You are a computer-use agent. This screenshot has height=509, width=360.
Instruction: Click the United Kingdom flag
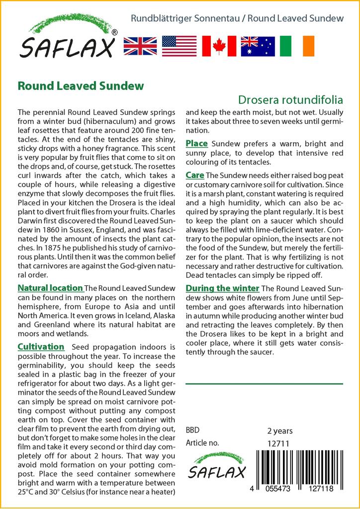coord(140,46)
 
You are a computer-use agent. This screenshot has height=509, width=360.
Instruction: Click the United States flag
coord(179,46)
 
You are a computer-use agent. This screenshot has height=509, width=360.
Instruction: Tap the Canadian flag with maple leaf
coord(219,46)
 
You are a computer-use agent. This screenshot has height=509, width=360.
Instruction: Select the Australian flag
coord(258,46)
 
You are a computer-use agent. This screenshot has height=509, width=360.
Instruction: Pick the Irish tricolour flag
coord(297,46)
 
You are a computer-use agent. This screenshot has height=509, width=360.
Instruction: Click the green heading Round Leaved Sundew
coord(81,86)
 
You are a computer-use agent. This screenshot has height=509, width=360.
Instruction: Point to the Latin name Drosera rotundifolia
coord(290,100)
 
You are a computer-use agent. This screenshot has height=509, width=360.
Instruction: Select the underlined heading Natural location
coord(50,288)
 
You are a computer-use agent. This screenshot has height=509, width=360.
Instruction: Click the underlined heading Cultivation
coord(41,346)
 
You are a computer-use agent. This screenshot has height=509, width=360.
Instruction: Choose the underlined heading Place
coord(196,144)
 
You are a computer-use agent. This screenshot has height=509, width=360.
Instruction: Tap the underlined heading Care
coord(194,175)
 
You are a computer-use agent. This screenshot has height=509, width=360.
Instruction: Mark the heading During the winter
coord(222,288)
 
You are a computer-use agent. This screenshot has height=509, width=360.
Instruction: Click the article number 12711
coord(278,443)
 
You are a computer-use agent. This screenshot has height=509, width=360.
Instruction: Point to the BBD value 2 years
coord(280,431)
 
